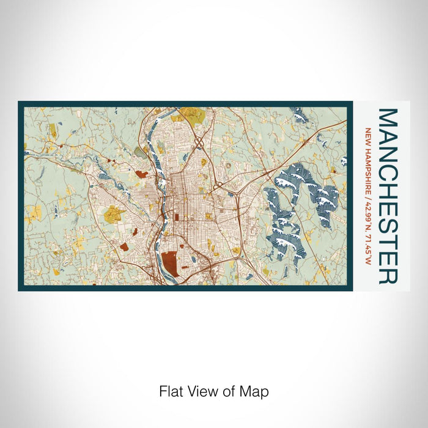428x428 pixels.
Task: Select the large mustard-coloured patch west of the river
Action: coord(114,214)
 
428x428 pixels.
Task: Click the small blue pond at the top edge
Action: coord(299,114)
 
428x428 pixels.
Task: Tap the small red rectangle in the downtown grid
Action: coord(176,217)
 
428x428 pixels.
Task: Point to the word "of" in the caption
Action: coord(233,391)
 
